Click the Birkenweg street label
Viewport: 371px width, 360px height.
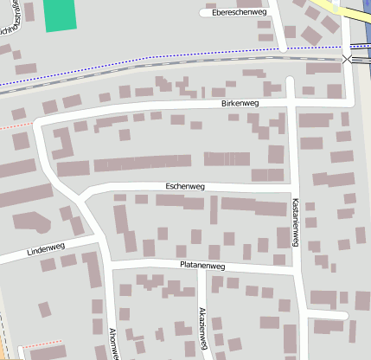(240, 104)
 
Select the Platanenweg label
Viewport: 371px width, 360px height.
(201, 266)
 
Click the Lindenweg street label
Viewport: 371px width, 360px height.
(46, 250)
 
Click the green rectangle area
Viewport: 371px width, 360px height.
(60, 16)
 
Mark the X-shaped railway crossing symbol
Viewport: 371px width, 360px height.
(348, 59)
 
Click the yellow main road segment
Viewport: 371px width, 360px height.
(346, 12)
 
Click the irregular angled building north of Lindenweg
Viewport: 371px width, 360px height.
(33, 222)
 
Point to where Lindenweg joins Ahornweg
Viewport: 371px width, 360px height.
(98, 237)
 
